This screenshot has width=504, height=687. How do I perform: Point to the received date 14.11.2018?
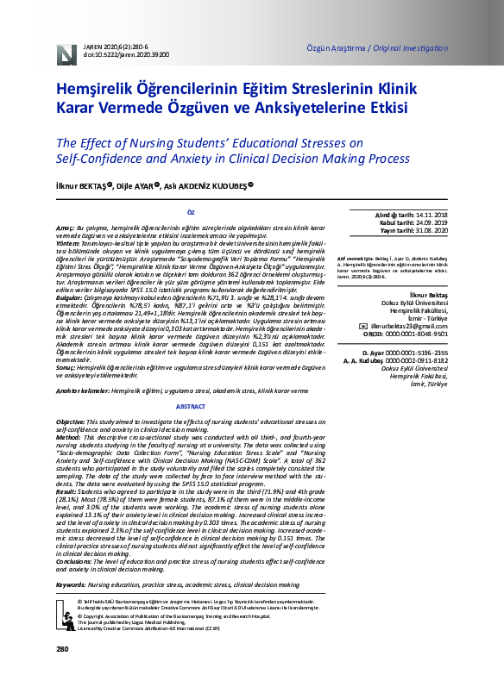pos(427,213)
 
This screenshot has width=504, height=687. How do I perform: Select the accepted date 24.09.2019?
pos(427,222)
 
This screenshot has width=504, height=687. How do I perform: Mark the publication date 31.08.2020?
pos(427,230)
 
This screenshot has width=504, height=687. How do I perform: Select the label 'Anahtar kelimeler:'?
pos(80,390)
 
